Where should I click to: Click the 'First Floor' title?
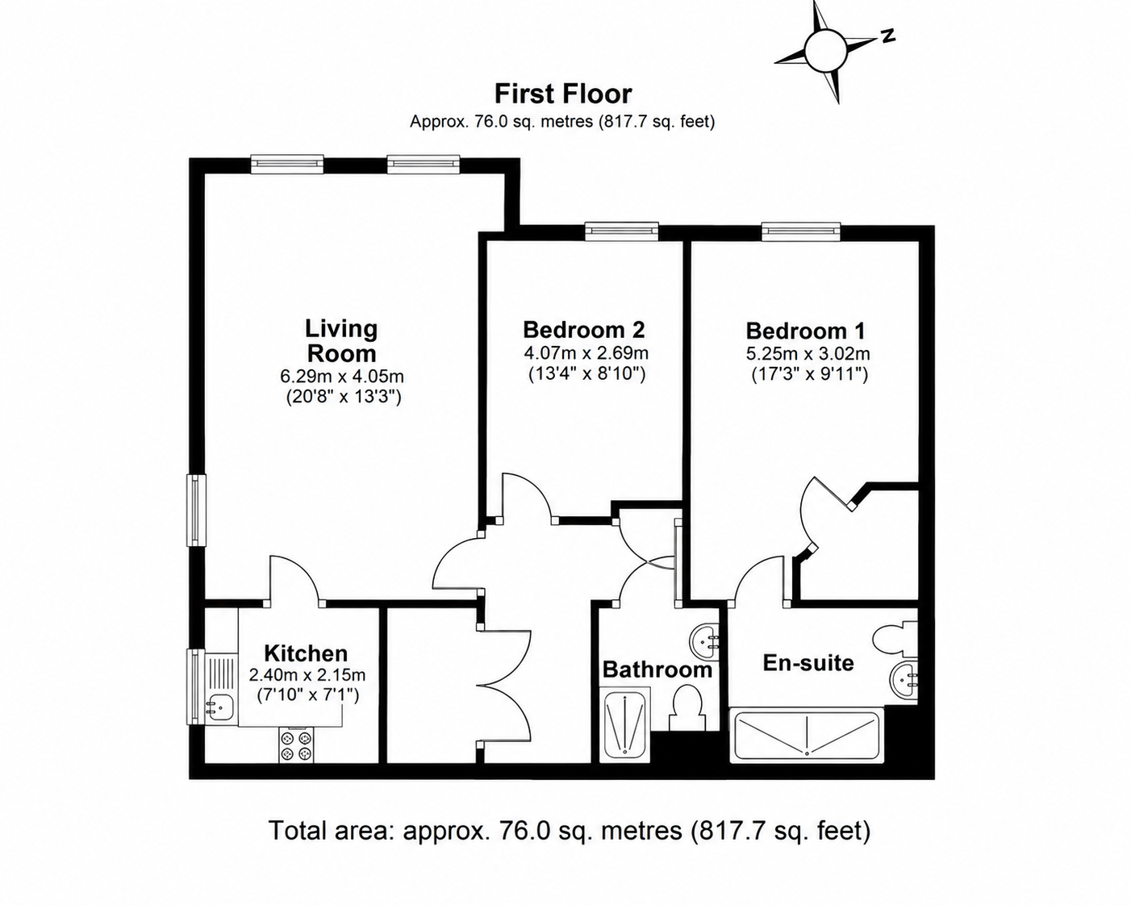[563, 94]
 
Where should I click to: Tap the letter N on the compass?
[887, 35]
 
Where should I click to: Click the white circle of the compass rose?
[825, 52]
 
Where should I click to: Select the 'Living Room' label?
[341, 341]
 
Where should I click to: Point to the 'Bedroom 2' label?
[583, 330]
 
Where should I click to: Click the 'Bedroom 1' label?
[806, 331]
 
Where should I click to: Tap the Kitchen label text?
[306, 653]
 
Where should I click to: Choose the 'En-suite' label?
[808, 663]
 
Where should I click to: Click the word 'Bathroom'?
[657, 669]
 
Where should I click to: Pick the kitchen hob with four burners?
[296, 745]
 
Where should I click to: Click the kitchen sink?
[219, 707]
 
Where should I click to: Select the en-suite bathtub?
[807, 736]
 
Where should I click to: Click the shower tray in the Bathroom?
[625, 725]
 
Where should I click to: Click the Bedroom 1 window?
[802, 231]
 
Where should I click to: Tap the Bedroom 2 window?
[622, 231]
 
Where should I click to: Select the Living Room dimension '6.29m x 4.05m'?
[342, 377]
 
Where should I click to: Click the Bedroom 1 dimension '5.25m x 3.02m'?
[808, 354]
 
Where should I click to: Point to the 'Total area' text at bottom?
[570, 831]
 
